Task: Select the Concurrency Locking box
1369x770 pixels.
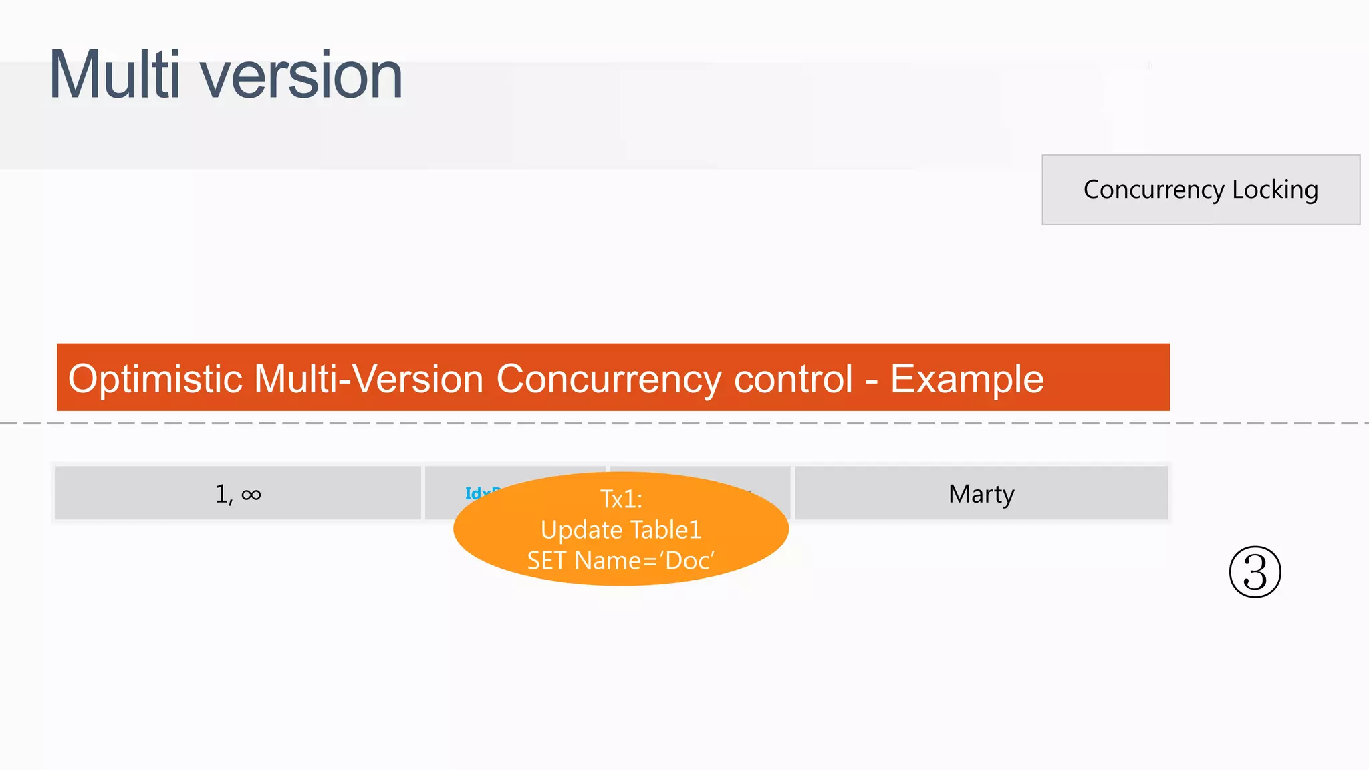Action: (1201, 190)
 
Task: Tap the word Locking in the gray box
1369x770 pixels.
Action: (1275, 190)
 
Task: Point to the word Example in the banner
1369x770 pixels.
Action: (967, 379)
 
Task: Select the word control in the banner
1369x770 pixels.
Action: (793, 379)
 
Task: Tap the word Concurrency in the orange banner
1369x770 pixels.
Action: (608, 379)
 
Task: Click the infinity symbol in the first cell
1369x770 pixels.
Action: (251, 495)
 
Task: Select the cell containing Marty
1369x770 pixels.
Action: (981, 494)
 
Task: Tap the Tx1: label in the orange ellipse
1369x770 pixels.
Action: (621, 499)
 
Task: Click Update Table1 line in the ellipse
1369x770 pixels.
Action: (621, 530)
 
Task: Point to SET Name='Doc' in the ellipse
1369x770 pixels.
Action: (621, 561)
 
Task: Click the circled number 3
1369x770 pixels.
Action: (1255, 572)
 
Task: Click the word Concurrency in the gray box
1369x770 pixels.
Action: (1154, 190)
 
